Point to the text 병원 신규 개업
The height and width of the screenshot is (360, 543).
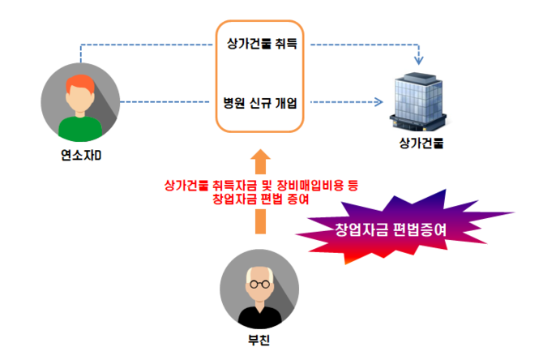tap(260, 103)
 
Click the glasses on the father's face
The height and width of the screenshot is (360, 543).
tap(259, 285)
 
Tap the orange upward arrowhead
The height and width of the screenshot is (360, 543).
tap(259, 158)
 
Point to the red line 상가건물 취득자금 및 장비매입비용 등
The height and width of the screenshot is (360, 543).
tap(259, 184)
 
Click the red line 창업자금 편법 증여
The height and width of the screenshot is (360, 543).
tap(259, 198)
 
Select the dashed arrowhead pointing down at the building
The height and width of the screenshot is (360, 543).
tap(419, 61)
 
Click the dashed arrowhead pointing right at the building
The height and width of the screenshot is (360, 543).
tap(377, 103)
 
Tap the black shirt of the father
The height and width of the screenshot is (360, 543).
tap(259, 316)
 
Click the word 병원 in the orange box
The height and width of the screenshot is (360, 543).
tap(233, 103)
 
